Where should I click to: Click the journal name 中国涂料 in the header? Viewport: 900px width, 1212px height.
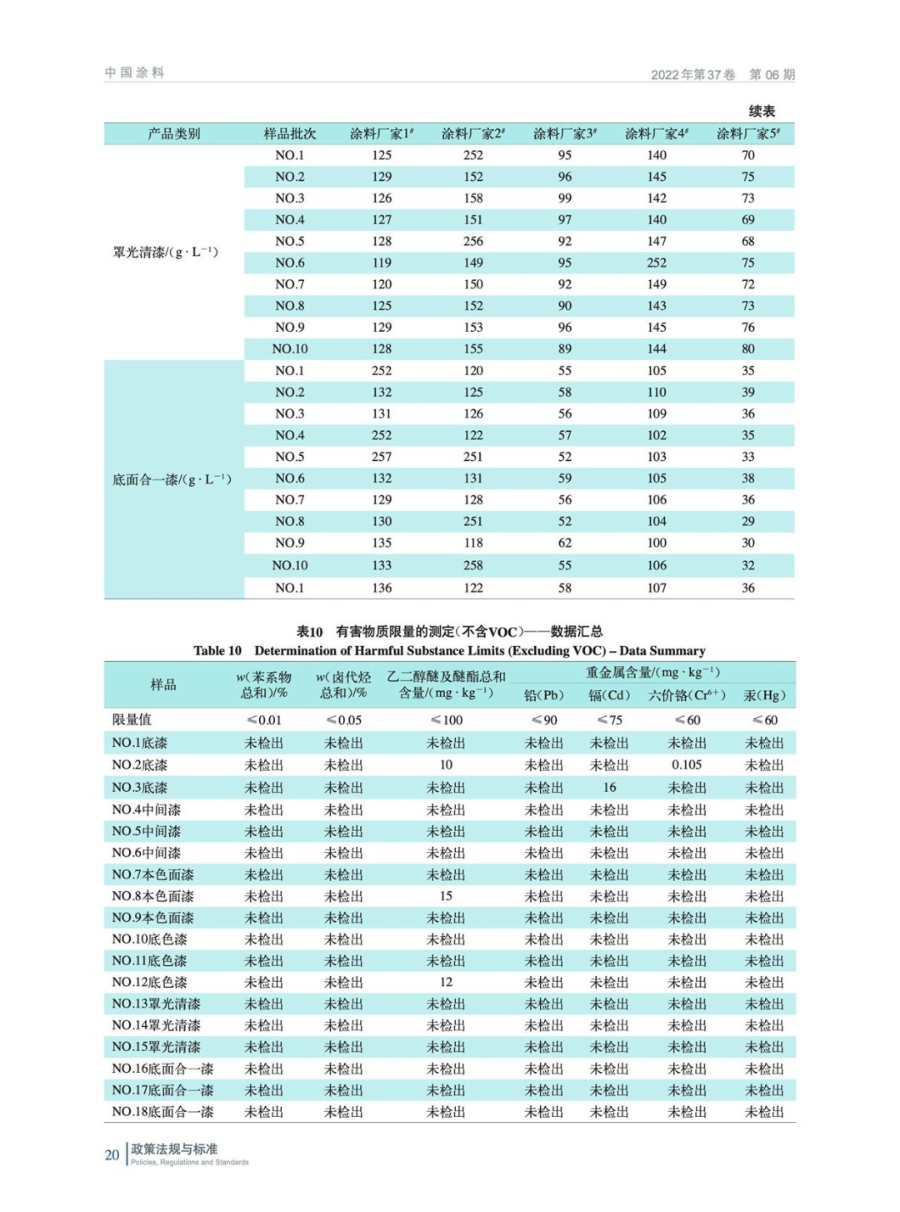tap(134, 73)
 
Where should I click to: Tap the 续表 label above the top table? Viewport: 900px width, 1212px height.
tap(762, 111)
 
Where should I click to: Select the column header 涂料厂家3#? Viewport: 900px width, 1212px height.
tap(565, 133)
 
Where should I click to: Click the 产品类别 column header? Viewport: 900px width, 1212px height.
tap(174, 133)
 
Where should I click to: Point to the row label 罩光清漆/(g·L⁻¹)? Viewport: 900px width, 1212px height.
tap(166, 252)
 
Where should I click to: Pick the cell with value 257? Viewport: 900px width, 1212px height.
tap(382, 457)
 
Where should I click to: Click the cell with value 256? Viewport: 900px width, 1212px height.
tap(473, 241)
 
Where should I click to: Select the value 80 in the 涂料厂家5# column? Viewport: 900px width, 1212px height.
tap(748, 348)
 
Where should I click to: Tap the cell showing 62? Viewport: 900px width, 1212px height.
tap(565, 543)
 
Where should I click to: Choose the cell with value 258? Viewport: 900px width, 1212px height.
tap(473, 565)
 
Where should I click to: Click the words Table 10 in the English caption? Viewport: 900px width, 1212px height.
tap(217, 651)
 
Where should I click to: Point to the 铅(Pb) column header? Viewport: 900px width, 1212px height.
tap(544, 695)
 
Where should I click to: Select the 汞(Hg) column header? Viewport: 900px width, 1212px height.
tap(764, 695)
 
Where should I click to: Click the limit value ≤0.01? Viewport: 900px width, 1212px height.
tap(264, 720)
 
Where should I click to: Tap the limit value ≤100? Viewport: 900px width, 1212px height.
tap(447, 720)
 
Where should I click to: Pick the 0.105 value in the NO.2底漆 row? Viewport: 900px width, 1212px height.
tap(687, 764)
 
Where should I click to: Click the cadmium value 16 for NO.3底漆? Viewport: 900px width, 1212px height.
tap(610, 787)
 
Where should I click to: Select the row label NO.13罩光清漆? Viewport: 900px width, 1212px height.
tap(157, 1004)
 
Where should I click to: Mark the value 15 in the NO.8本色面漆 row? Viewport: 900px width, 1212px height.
tap(446, 896)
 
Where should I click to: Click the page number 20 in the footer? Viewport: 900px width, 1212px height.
tap(112, 1154)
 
